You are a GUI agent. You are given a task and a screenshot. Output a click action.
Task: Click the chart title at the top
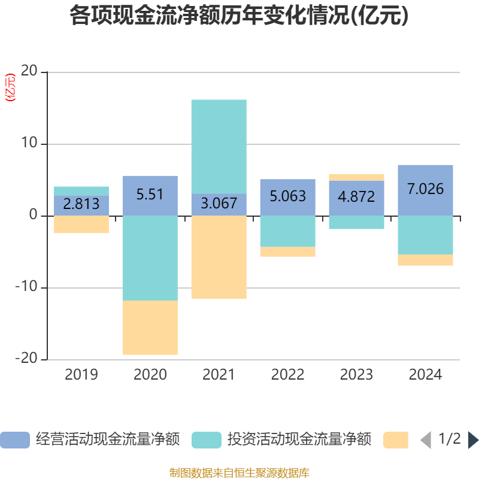(239, 16)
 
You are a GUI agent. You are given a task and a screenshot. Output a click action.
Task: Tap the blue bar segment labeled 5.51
(150, 195)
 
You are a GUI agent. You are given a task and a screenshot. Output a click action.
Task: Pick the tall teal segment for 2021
(219, 146)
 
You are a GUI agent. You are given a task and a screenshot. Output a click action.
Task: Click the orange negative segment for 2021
(219, 257)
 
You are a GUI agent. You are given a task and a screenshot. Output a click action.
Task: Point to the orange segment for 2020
(150, 328)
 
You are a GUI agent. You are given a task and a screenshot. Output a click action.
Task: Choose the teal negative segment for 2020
(150, 258)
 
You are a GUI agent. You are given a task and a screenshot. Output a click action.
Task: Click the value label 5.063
(287, 196)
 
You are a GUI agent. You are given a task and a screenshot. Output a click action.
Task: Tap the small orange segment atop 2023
(356, 177)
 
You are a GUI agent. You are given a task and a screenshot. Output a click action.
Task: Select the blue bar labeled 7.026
(425, 190)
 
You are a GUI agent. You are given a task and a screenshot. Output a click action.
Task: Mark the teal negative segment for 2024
(425, 235)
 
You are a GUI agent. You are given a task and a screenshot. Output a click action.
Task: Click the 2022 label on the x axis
(287, 375)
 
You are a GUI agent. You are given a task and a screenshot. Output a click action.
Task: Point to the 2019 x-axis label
(81, 375)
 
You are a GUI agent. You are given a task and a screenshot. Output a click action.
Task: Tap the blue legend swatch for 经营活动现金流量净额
(14, 440)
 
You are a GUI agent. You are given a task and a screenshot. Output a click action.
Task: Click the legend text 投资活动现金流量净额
(299, 440)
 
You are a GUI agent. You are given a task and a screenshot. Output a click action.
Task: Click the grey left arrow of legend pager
(426, 440)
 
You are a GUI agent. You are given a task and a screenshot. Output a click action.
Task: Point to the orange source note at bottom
(239, 473)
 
